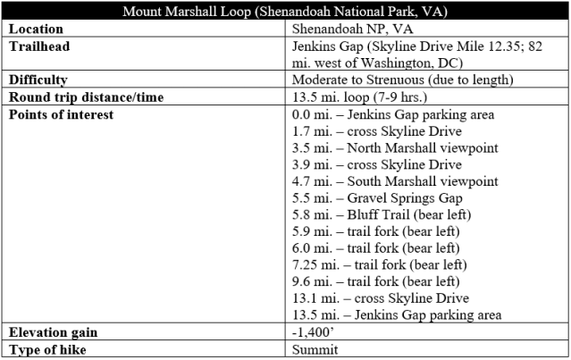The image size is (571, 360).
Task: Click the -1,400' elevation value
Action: click(310, 331)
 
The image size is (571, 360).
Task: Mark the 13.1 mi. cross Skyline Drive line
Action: click(380, 298)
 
